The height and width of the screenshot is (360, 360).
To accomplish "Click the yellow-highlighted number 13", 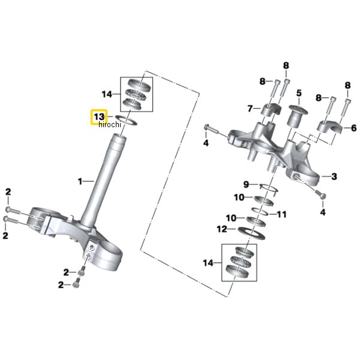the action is (99, 117).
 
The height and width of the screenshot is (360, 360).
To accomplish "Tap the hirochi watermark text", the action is (110, 124).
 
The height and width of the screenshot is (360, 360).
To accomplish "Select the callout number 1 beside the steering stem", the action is (80, 182).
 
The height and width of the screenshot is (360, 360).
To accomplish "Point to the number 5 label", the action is (299, 93).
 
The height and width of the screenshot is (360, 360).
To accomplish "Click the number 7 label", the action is (250, 109).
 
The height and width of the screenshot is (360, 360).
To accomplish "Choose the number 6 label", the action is (354, 128).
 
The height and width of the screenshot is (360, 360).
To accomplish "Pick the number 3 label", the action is (334, 176).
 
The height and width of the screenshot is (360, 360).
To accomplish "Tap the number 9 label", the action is (246, 184).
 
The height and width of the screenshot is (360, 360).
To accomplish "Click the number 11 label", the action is (282, 214).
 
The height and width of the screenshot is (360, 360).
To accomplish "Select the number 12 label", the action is (222, 229).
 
